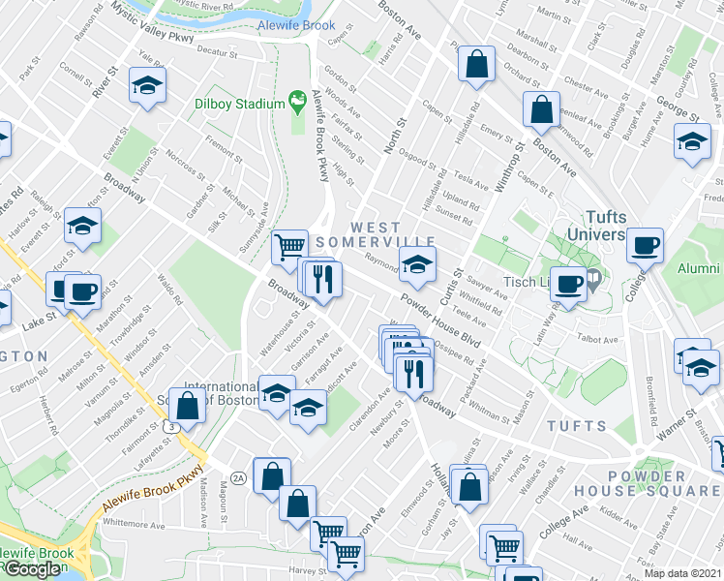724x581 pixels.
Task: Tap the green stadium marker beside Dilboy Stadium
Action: coord(298,101)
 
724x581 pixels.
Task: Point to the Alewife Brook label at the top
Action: coord(296,26)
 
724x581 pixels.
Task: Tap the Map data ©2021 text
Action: coord(682,572)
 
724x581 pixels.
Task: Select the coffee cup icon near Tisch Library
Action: coord(568,284)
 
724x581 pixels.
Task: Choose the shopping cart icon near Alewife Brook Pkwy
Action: coord(289,248)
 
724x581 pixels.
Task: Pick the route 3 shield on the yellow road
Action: coord(171,426)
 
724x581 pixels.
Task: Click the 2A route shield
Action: coord(238,477)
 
